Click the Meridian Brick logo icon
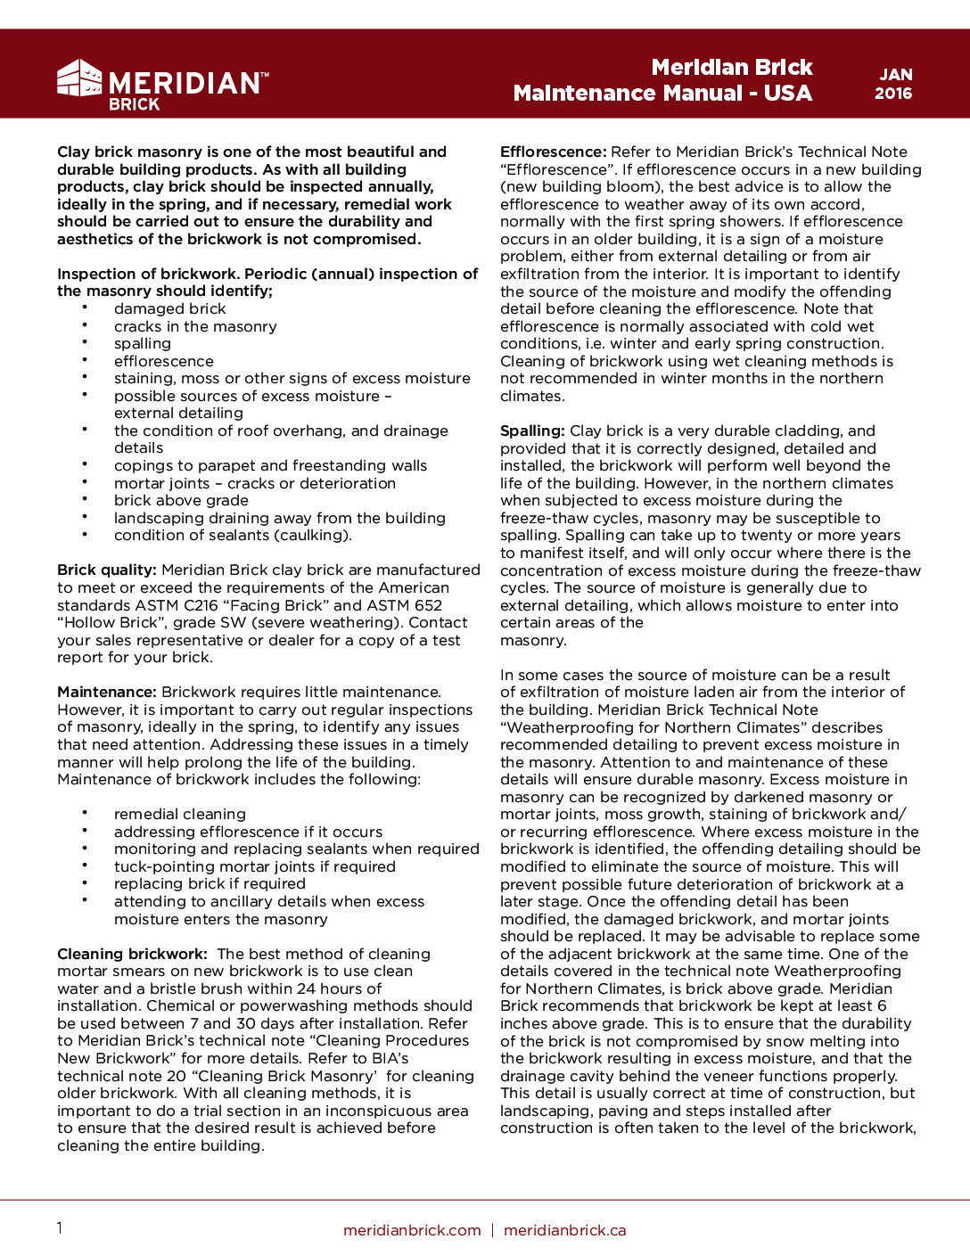[79, 78]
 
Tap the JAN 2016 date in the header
[893, 84]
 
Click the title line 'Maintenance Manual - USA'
[662, 94]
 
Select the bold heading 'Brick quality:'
[107, 570]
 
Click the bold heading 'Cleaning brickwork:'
[132, 954]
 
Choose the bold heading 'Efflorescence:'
[553, 152]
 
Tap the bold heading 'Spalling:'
[532, 431]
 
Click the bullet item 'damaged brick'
[169, 308]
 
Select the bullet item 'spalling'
[143, 343]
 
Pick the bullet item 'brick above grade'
[181, 500]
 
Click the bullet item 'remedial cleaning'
[180, 814]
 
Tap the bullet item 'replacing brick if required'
[210, 883]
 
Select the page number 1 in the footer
[60, 1229]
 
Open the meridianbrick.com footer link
[412, 1230]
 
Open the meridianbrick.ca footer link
[564, 1230]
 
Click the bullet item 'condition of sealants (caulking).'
[233, 535]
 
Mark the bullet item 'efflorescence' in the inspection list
[164, 361]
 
